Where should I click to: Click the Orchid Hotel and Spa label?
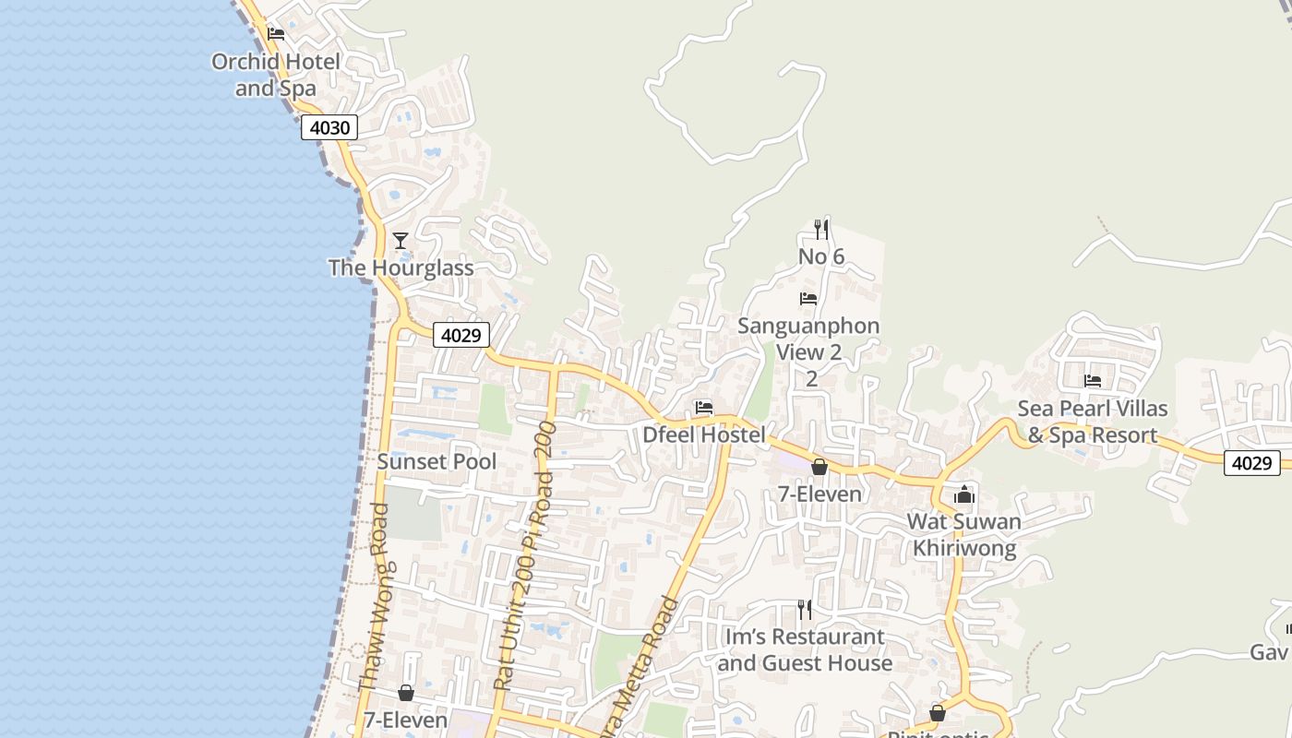pyautogui.click(x=275, y=75)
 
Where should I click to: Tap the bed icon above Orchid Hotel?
pyautogui.click(x=275, y=34)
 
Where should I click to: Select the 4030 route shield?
pyautogui.click(x=329, y=127)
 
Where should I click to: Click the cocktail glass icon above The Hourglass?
pyautogui.click(x=401, y=241)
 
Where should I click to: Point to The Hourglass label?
pyautogui.click(x=401, y=268)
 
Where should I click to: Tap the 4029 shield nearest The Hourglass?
pyautogui.click(x=461, y=335)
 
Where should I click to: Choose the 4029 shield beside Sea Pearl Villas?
pyautogui.click(x=1252, y=462)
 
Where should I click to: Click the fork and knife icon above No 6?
pyautogui.click(x=821, y=229)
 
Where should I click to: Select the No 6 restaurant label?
pyautogui.click(x=821, y=256)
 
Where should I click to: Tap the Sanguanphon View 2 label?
pyautogui.click(x=809, y=339)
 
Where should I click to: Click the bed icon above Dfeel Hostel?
pyautogui.click(x=704, y=407)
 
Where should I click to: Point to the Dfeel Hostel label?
pyautogui.click(x=704, y=434)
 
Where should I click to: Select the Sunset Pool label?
pyautogui.click(x=437, y=461)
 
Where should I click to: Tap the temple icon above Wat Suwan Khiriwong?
pyautogui.click(x=964, y=494)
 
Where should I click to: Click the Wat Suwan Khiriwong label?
pyautogui.click(x=964, y=535)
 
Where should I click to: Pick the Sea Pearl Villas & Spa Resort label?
pyautogui.click(x=1093, y=422)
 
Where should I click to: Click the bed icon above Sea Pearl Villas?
pyautogui.click(x=1093, y=380)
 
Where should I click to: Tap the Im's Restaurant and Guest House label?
pyautogui.click(x=805, y=649)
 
